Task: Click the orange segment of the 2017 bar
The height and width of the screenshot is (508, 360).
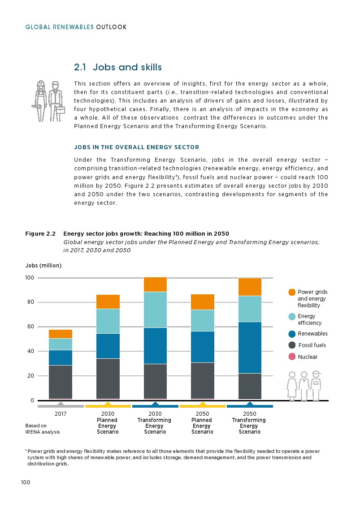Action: pos(61,334)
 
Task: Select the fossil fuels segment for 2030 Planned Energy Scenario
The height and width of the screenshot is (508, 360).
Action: pos(108,378)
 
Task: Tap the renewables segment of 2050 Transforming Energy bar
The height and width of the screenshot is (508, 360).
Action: pos(250,347)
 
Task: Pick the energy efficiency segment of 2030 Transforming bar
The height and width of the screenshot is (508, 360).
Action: pos(155,310)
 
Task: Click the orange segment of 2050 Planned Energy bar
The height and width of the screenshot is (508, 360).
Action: pos(203,302)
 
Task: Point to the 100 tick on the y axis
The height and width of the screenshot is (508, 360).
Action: pos(29,278)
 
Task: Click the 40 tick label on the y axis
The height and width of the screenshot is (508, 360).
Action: pos(29,351)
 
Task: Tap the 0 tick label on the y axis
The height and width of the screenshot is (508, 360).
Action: pos(32,400)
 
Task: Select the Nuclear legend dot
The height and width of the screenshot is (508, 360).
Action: pos(292,357)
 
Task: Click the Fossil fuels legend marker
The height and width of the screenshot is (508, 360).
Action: pos(292,345)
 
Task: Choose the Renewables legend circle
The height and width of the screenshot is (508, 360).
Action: pos(292,334)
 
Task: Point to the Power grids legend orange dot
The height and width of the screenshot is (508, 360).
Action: pos(292,293)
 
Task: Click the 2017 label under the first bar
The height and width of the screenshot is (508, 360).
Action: pos(61,414)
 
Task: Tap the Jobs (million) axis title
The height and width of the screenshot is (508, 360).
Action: pos(43,265)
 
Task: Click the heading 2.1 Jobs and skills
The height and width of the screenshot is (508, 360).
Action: pos(118,68)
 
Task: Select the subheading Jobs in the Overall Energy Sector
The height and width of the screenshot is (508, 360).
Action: pos(136,147)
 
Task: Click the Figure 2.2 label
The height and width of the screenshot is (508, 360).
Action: pos(40,234)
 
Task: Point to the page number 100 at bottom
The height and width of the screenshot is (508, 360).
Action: pos(25,482)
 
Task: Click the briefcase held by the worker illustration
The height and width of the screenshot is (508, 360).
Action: pos(60,109)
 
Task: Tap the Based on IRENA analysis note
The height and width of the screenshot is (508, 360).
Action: pos(42,429)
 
